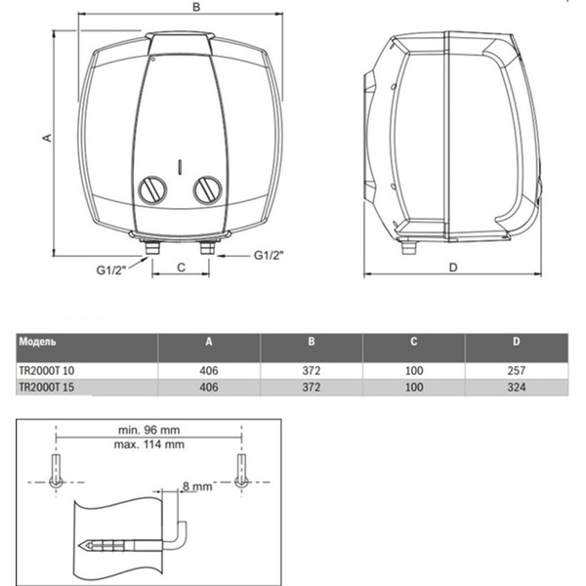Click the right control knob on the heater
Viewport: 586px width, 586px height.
207,190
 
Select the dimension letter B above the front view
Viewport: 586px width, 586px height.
196,8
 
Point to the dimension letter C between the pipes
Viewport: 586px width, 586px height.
181,265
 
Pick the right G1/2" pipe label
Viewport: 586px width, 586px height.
269,256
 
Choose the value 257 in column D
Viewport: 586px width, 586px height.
517,371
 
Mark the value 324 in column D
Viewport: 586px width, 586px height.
517,388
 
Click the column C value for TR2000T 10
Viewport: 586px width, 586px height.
413,371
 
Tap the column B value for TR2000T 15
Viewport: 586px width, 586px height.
311,388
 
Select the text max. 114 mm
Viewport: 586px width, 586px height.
147,444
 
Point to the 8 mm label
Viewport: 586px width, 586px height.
198,484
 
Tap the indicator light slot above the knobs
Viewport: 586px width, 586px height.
181,164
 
